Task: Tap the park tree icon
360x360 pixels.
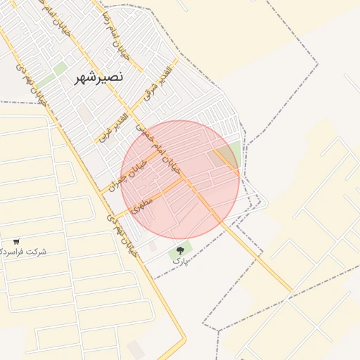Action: (180, 250)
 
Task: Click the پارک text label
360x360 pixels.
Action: (181, 261)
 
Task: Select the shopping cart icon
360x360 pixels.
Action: (16, 241)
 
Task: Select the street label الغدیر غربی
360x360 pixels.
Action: (113, 127)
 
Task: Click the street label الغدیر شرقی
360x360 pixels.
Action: (157, 84)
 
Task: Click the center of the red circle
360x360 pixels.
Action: (180, 180)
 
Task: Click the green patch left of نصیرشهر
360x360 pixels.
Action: (60, 68)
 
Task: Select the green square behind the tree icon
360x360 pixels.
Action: (180, 250)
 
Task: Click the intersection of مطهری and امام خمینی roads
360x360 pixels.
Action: (186, 179)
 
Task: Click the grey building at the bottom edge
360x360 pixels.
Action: (136, 349)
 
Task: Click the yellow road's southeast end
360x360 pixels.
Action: (290, 290)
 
